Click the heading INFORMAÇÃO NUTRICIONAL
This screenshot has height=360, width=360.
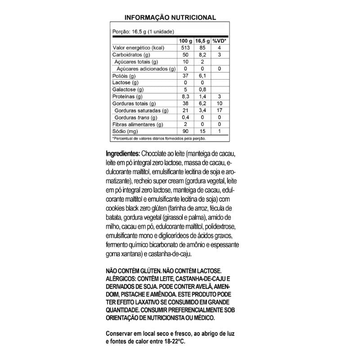click(170, 18)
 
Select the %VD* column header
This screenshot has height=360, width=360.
click(219, 41)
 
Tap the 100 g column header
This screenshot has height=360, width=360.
click(185, 41)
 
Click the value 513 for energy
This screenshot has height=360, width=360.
click(185, 48)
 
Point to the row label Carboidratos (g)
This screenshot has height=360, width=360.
click(131, 54)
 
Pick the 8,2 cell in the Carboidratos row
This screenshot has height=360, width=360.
click(202, 54)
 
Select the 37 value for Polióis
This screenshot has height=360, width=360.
click(185, 76)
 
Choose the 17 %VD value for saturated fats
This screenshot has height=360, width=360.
click(219, 110)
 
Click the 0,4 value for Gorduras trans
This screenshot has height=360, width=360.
click(185, 117)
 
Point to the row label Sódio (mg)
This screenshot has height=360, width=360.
click(125, 131)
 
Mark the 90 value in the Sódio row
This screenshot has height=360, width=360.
click(185, 131)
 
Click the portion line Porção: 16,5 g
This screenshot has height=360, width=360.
click(143, 31)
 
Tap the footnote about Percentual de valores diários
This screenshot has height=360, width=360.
click(158, 138)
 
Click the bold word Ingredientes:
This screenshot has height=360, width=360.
click(123, 153)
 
